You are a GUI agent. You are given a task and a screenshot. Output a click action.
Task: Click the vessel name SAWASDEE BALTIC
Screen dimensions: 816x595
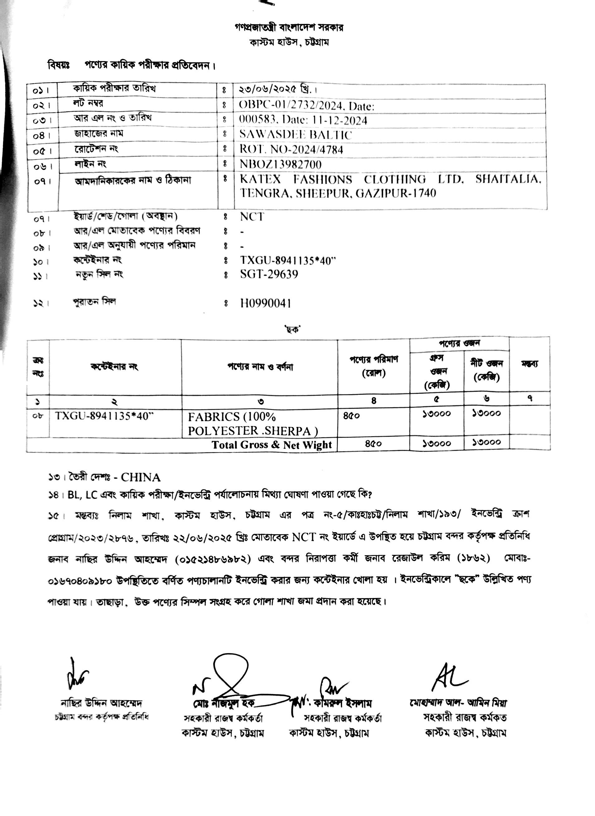pos(296,135)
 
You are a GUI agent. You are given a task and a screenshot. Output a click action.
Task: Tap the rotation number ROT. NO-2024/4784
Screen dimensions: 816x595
pos(291,149)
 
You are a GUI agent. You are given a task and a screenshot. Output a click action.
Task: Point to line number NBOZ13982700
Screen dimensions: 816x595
pos(281,165)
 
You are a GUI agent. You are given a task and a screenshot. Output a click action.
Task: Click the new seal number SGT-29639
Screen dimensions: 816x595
pos(269,274)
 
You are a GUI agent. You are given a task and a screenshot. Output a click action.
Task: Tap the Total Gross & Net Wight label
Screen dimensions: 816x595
pos(272,445)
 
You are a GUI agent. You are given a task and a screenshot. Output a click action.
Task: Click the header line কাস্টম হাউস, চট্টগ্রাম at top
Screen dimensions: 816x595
pos(289,42)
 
